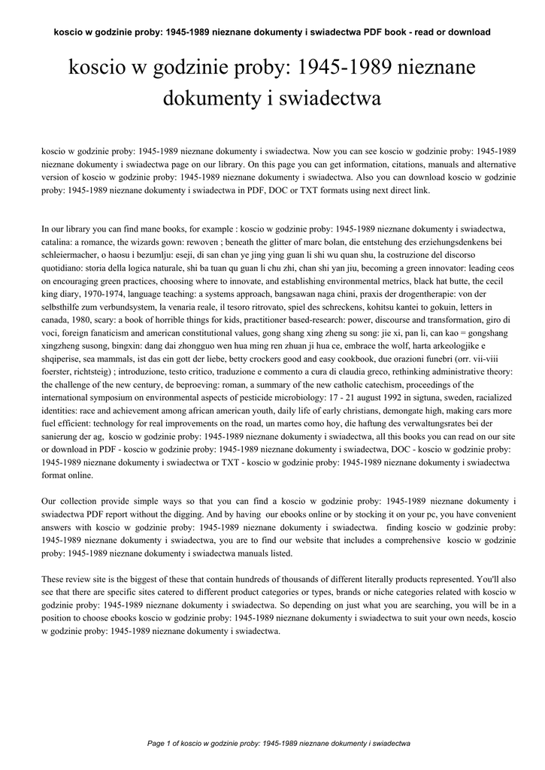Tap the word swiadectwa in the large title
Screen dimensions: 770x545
327,98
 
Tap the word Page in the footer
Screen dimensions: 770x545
156,744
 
